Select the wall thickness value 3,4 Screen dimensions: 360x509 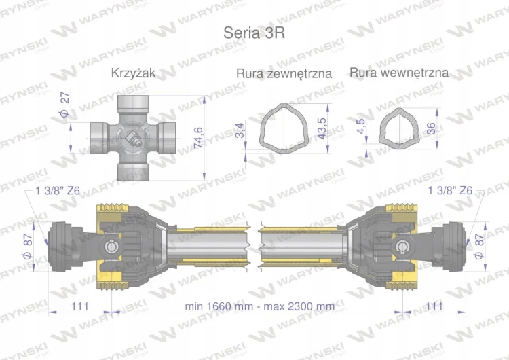click(x=240, y=130)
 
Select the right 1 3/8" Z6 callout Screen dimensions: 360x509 click(x=451, y=191)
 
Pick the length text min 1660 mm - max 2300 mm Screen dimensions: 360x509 click(x=259, y=306)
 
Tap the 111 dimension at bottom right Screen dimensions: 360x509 click(x=432, y=306)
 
